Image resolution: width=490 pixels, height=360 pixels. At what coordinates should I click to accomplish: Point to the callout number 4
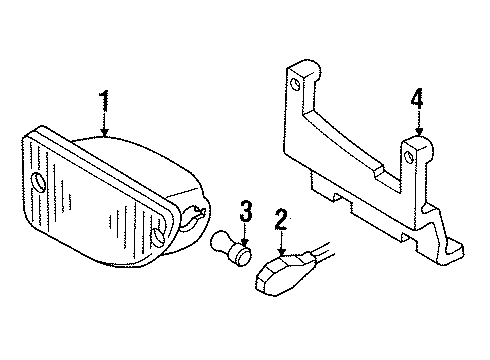[418, 99]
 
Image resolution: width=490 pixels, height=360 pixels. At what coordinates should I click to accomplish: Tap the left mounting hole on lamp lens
[39, 183]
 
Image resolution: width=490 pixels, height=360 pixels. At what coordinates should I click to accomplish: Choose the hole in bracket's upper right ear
[412, 155]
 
